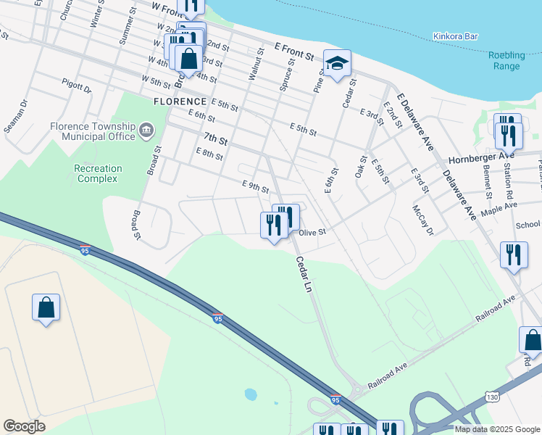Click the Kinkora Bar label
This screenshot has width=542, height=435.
(457, 36)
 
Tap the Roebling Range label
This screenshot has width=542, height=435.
(506, 61)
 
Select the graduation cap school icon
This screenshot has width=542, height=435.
(337, 63)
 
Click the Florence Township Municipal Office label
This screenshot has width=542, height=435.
(93, 131)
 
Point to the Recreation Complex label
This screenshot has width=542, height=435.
(98, 173)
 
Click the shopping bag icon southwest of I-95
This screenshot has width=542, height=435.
(46, 307)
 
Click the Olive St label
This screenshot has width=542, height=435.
(314, 233)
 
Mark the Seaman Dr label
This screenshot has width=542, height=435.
(14, 117)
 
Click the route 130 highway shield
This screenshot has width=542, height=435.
(492, 397)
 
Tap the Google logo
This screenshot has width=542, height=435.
(24, 426)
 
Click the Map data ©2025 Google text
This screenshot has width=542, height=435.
(497, 429)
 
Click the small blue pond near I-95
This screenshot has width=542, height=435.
(250, 395)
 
